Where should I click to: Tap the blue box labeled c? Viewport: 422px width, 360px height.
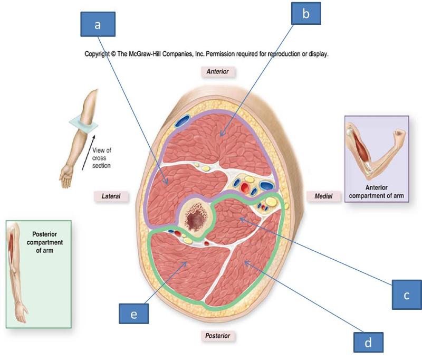click(407, 296)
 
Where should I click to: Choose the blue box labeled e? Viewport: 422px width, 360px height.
click(134, 314)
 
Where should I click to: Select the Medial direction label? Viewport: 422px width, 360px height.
click(322, 196)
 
